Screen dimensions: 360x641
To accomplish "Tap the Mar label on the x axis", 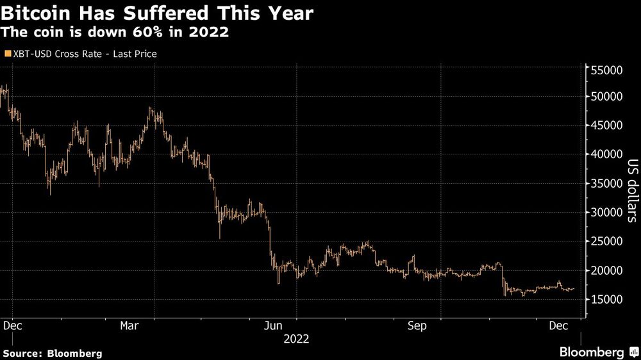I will point(130,325).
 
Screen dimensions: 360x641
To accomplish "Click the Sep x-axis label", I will point(417,325).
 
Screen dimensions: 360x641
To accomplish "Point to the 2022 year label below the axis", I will point(296,340).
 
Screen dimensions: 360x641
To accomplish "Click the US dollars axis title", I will point(631,191).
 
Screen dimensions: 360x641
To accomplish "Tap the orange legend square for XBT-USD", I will point(8,54).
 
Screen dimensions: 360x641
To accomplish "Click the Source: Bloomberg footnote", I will point(52,353).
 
